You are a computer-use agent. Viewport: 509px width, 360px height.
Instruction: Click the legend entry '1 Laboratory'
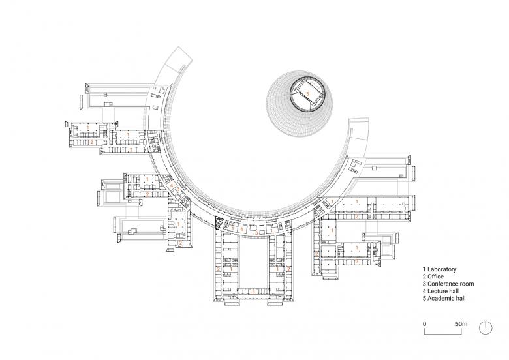[440, 269]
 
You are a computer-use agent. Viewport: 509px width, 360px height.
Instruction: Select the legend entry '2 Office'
[433, 277]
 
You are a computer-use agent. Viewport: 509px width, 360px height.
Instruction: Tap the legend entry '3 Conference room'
[448, 284]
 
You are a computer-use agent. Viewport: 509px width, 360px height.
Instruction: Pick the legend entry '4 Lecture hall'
[441, 291]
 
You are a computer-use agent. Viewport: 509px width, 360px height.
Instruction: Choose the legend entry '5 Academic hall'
[444, 299]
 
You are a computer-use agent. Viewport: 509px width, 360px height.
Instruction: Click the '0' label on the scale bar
[425, 323]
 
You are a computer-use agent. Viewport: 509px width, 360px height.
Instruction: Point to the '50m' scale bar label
[461, 323]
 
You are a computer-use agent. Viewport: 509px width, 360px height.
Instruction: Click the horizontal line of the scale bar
[443, 334]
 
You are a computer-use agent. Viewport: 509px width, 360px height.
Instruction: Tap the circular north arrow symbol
[486, 328]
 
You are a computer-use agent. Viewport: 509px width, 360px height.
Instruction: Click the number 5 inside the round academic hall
[308, 94]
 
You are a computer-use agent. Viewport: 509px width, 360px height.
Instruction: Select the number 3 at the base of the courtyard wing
[254, 292]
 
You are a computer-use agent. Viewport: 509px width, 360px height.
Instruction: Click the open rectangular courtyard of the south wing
[253, 262]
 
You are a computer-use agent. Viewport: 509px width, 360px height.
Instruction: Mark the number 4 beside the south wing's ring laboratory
[241, 229]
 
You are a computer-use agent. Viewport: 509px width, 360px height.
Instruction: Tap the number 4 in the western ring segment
[172, 185]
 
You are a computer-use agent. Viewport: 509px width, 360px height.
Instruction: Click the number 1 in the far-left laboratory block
[87, 128]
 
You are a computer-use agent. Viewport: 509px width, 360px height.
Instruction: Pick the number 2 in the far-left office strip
[91, 142]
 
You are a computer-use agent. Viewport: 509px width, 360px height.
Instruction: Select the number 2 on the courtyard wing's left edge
[218, 269]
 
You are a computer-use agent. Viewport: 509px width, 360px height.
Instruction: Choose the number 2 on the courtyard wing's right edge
[288, 269]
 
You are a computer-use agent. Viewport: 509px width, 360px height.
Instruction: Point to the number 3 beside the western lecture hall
[178, 188]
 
